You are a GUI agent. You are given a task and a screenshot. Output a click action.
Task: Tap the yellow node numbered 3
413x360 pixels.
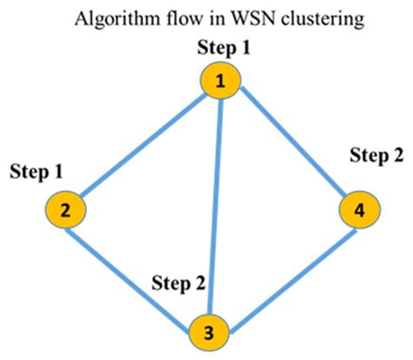[210, 332]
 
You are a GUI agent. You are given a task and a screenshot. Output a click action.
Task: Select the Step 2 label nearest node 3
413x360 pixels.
[179, 282]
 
